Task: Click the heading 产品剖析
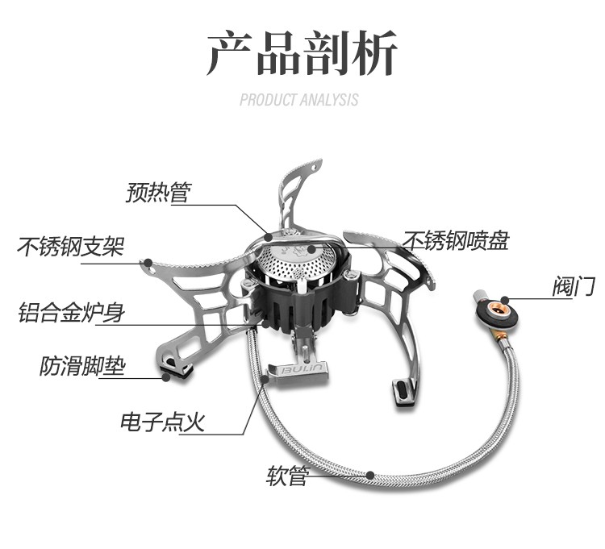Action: click(302, 55)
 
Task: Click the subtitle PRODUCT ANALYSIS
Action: click(299, 100)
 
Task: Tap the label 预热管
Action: click(158, 193)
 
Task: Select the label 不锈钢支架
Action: click(71, 246)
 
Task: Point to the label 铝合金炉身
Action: click(71, 312)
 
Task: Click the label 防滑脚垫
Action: click(83, 367)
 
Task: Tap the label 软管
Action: click(287, 476)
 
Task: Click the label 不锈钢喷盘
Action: click(456, 241)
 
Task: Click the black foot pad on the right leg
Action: click(402, 392)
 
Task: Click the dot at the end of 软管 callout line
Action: click(369, 475)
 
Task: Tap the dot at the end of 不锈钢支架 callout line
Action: click(147, 262)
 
